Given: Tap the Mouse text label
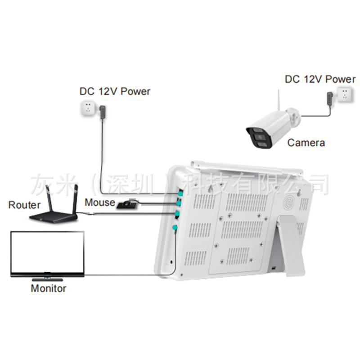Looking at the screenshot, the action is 100,202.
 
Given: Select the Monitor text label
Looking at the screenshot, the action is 48,288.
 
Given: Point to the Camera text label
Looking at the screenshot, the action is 306,143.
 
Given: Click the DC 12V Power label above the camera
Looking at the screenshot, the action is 320,80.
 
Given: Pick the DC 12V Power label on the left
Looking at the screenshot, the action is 115,91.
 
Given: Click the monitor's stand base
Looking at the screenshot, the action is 48,274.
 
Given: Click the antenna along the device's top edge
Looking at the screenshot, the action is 245,167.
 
